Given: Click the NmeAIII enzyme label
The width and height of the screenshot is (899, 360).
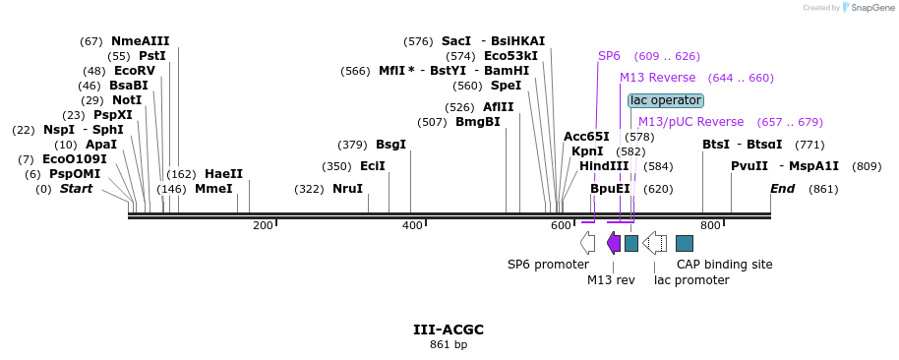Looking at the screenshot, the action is [141, 41].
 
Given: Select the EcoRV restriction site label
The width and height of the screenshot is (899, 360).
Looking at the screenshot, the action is [135, 71].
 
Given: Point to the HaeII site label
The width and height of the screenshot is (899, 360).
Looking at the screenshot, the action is [223, 174].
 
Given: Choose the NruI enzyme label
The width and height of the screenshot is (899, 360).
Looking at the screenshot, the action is [348, 189].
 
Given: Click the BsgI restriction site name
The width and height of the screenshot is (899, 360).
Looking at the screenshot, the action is [391, 145].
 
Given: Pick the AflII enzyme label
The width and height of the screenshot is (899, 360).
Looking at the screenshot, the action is [499, 107].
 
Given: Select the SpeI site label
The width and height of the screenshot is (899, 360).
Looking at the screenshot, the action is [507, 86].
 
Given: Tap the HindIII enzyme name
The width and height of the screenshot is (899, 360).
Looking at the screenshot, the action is [604, 166].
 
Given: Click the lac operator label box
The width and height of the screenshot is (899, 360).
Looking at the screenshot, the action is [666, 101].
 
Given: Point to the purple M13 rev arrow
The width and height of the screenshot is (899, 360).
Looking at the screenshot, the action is [614, 243].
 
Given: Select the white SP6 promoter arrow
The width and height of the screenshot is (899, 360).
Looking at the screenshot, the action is [587, 243].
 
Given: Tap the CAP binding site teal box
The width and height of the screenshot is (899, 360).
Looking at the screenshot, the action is [685, 243].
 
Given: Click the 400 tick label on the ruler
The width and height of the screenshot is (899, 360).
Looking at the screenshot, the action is [412, 226].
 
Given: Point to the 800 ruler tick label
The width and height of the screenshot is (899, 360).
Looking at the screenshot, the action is [710, 226].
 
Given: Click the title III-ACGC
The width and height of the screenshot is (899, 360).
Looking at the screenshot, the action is [449, 330].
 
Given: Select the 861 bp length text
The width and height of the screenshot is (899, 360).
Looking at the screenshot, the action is [449, 345].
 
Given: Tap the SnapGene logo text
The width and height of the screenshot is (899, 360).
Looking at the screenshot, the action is [873, 8].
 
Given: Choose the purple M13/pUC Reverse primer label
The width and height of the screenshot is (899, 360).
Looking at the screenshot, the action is [691, 122].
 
